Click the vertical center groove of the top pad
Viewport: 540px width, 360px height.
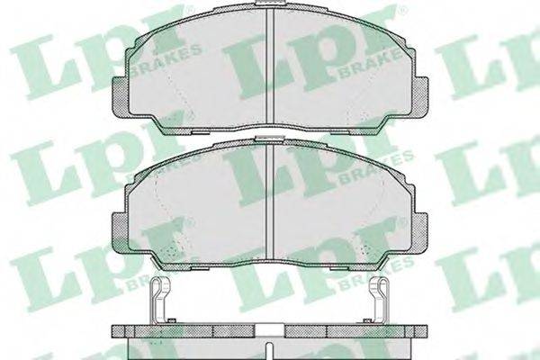point(270,65)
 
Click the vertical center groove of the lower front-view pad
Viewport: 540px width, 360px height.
point(270,200)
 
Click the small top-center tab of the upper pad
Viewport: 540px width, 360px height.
point(270,3)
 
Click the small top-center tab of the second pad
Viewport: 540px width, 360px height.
point(270,139)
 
